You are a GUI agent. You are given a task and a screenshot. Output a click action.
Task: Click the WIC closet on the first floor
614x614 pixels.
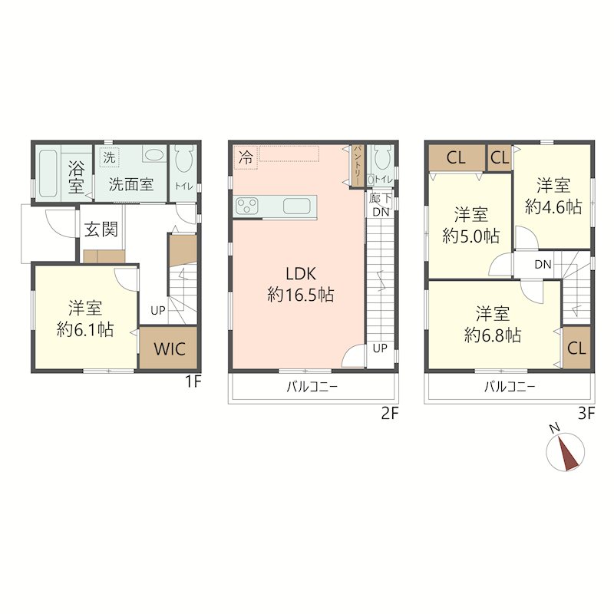pos(168,348)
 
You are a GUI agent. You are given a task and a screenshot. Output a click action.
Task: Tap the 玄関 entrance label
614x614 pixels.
pos(101,229)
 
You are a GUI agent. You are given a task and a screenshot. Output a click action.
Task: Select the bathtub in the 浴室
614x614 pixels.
pos(48,173)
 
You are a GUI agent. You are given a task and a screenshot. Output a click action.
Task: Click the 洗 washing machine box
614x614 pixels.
pos(109,157)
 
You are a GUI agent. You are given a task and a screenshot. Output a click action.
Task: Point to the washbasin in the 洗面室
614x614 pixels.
pos(153,155)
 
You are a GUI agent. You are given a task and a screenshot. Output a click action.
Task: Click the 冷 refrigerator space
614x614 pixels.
pos(246,157)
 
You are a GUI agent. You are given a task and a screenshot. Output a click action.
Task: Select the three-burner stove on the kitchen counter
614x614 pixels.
pos(246,206)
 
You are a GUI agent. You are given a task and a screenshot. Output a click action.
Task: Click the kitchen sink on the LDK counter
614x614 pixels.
pos(296,206)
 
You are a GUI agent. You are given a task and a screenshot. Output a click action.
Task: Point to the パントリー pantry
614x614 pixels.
pos(358,166)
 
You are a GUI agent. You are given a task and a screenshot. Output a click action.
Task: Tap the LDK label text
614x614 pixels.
pos(300,274)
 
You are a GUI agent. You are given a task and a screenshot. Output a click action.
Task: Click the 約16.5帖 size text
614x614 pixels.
pos(300,294)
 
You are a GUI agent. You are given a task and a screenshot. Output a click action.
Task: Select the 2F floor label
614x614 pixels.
pos(390,414)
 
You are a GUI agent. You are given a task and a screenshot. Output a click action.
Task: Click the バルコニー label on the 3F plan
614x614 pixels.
pos(510,387)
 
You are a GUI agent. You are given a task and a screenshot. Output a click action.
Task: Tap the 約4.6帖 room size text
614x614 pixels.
pos(553,206)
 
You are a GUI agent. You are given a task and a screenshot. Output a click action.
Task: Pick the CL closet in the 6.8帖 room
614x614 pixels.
pos(576,348)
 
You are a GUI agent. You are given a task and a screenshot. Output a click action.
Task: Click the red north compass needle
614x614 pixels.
pos(569,454)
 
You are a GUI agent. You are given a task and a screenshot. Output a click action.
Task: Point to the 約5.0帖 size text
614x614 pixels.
pos(470,236)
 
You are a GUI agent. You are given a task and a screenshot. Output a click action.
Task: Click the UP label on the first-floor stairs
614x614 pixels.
pos(158,311)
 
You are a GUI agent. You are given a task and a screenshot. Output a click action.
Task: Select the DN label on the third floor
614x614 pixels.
pos(543,265)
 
